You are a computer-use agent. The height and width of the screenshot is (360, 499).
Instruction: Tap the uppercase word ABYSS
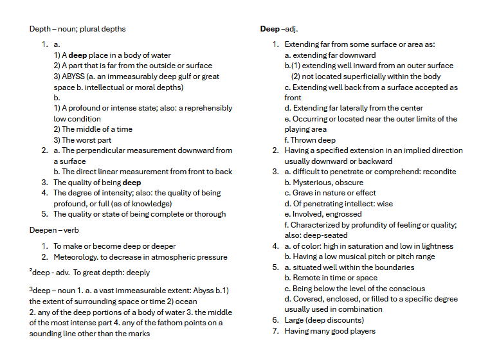point(74,76)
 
